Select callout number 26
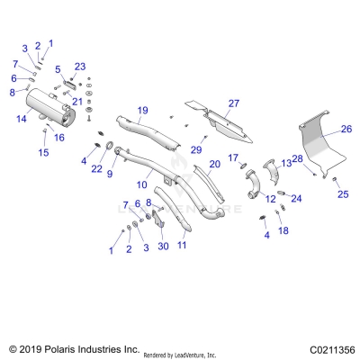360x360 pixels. (x=344, y=129)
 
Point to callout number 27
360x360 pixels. (x=233, y=103)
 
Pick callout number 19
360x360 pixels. (x=142, y=111)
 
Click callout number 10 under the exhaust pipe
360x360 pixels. (x=141, y=184)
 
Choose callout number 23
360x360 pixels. (x=80, y=66)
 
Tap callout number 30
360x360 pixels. (x=163, y=247)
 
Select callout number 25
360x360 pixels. (x=342, y=194)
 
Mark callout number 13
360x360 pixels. (x=287, y=163)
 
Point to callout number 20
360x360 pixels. (x=214, y=164)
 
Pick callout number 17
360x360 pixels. (x=232, y=158)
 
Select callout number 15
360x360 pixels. (x=42, y=152)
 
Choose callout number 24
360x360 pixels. (x=297, y=198)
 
